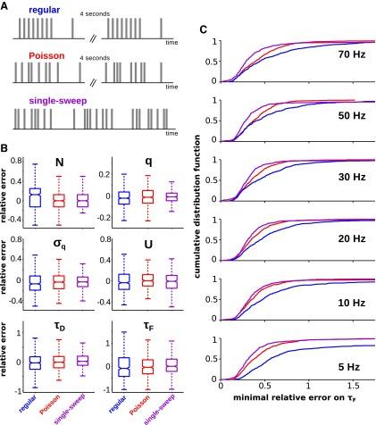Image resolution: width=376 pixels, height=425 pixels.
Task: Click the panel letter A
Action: [x=6, y=5]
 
